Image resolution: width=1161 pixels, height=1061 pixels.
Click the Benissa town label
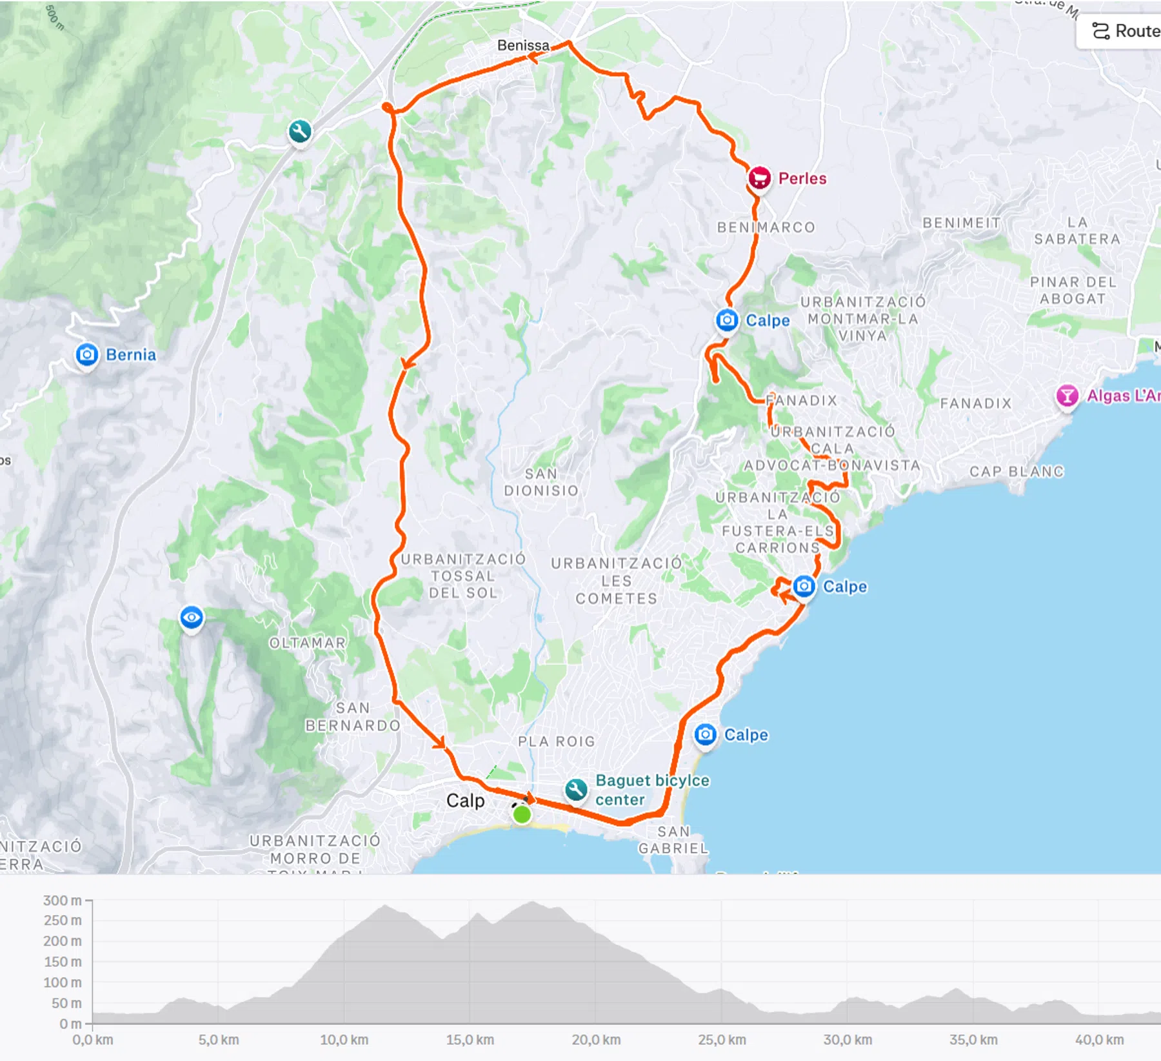click(522, 45)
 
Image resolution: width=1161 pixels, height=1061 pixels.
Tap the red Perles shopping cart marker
click(759, 177)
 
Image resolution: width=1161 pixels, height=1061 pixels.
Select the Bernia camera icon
click(87, 354)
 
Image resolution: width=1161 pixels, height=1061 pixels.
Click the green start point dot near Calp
click(522, 814)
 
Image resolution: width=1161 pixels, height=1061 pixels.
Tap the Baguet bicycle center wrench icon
click(575, 789)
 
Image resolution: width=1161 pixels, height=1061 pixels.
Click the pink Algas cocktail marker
click(1067, 395)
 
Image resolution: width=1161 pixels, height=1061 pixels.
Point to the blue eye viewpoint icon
click(192, 618)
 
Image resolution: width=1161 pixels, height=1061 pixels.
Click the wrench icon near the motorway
click(300, 132)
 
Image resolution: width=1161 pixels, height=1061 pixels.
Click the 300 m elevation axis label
click(63, 900)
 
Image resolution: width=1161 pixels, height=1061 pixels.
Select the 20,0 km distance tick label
click(596, 1040)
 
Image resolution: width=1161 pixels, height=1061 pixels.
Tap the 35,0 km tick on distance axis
click(973, 1040)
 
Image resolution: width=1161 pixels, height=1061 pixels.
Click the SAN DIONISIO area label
click(541, 482)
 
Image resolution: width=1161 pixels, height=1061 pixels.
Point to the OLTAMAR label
click(308, 643)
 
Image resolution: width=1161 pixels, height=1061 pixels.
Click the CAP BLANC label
click(1017, 471)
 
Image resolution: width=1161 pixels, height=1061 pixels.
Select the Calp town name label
click(465, 800)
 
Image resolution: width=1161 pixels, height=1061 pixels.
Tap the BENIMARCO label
click(766, 227)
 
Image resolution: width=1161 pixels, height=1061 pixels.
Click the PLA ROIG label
click(557, 742)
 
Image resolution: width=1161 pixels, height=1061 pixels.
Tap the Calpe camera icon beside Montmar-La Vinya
click(727, 319)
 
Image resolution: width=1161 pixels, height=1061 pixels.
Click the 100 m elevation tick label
click(63, 982)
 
